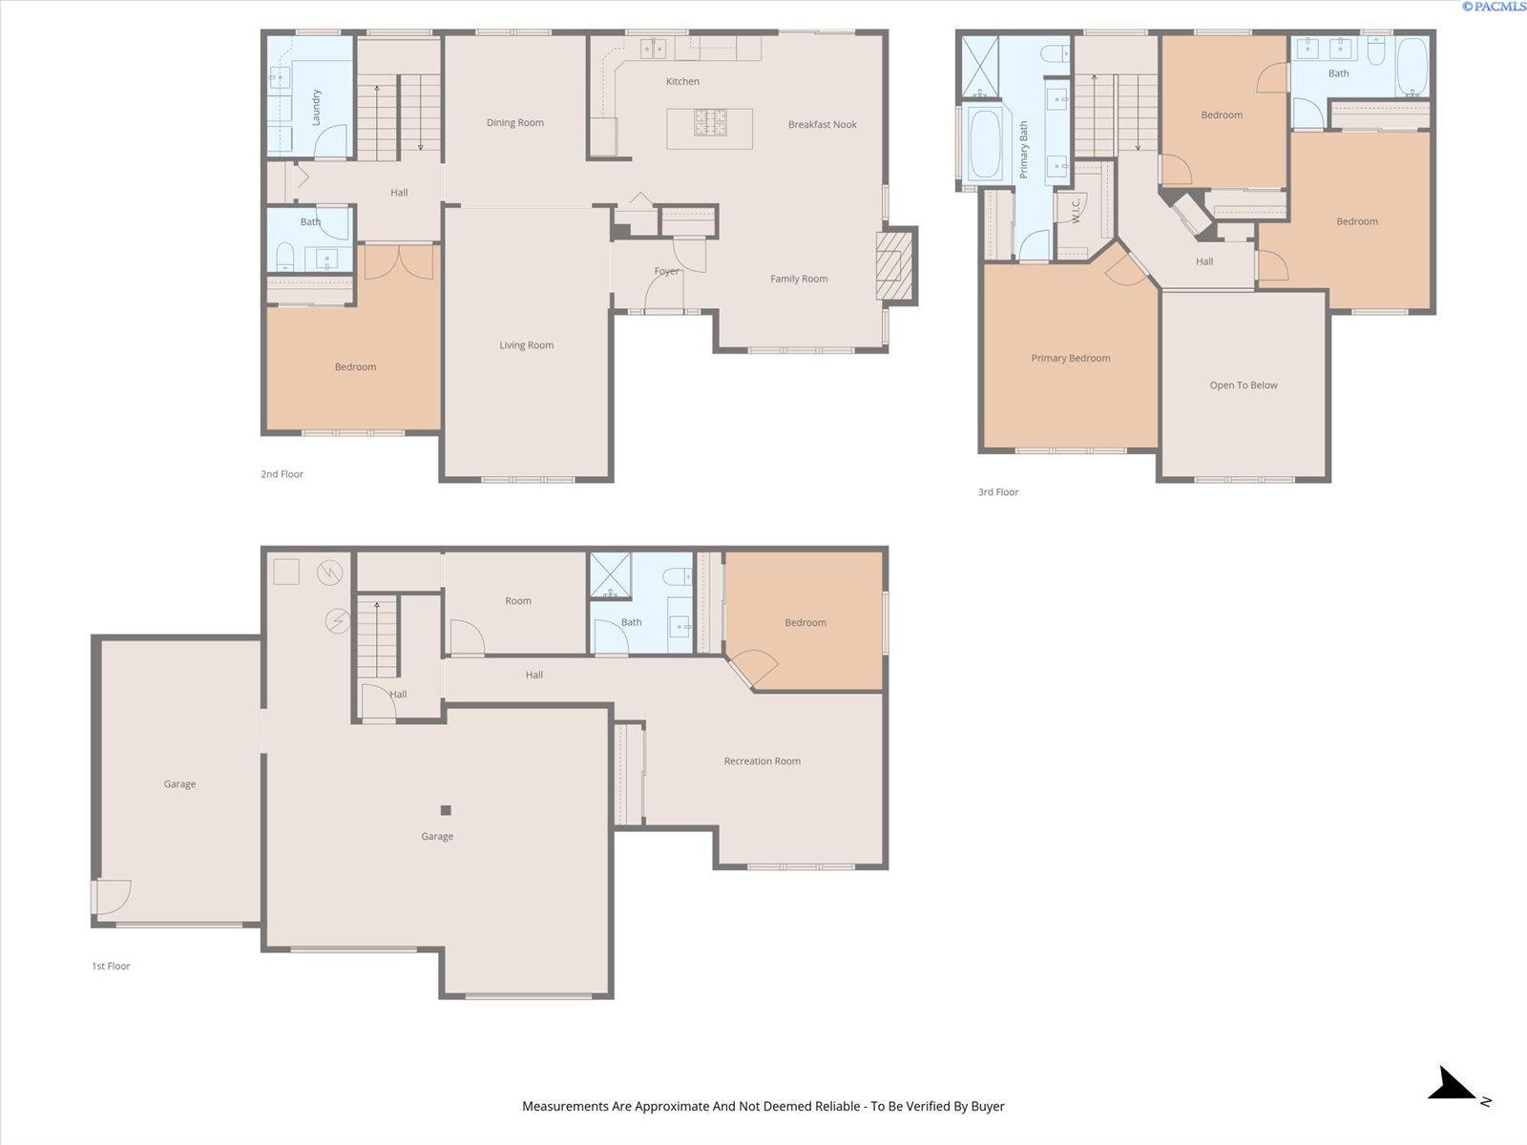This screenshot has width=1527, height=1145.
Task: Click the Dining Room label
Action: (x=514, y=123)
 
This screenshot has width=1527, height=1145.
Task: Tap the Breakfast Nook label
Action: (x=823, y=124)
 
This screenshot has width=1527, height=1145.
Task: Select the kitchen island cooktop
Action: (x=710, y=122)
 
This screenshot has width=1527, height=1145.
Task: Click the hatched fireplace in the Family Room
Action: (x=894, y=265)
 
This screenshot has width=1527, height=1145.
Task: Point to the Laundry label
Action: (x=316, y=107)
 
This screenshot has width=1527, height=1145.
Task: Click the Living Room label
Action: (x=527, y=344)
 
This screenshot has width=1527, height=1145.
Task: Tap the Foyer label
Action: (x=666, y=271)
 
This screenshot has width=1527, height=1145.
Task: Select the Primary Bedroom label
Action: (x=1071, y=358)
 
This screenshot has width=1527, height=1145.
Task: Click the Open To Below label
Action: (x=1244, y=385)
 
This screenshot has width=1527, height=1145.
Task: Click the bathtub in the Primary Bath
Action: (x=982, y=145)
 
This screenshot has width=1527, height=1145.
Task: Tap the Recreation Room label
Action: (x=762, y=761)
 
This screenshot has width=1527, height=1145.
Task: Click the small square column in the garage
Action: (x=446, y=810)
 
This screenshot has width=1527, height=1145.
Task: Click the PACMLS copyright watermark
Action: (x=1494, y=7)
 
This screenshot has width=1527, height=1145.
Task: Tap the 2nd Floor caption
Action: (x=282, y=474)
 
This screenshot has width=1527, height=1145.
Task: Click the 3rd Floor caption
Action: (x=998, y=492)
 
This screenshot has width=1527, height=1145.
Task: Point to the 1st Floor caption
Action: (x=111, y=966)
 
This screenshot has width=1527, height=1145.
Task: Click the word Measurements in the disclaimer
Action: (x=566, y=1106)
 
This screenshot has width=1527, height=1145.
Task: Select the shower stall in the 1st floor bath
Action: (x=610, y=575)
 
